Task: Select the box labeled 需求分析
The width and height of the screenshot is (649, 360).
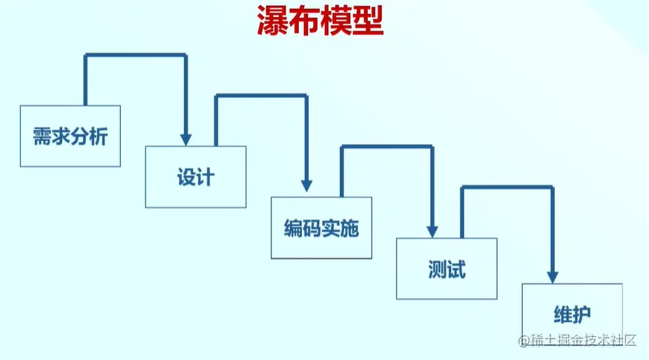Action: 70,136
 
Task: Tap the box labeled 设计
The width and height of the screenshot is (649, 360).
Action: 196,177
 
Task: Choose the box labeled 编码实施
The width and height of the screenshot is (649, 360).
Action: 321,227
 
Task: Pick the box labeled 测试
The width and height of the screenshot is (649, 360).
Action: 447,268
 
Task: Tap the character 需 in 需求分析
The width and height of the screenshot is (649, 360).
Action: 42,137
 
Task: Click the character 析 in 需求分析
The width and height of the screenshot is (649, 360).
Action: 99,137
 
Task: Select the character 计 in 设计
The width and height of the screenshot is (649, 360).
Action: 205,178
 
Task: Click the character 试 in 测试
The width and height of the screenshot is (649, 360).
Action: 456,269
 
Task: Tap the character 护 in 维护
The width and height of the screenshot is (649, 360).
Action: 582,313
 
